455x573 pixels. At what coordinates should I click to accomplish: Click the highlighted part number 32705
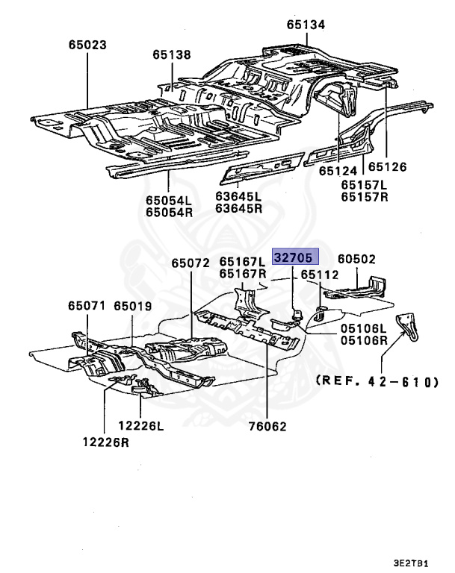[x=296, y=257]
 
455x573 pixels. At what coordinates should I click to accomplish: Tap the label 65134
[x=306, y=25]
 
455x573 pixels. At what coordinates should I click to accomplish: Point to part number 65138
[x=172, y=54]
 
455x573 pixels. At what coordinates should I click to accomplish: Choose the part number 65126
[x=387, y=167]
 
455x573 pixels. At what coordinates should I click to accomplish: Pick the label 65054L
[x=169, y=200]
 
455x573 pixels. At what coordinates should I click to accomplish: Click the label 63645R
[x=239, y=210]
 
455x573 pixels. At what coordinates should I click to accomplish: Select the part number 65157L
[x=365, y=185]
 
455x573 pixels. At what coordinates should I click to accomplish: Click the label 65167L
[x=242, y=262]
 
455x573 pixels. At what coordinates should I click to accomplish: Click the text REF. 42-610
[x=377, y=381]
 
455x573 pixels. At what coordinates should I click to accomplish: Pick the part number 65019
[x=132, y=306]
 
